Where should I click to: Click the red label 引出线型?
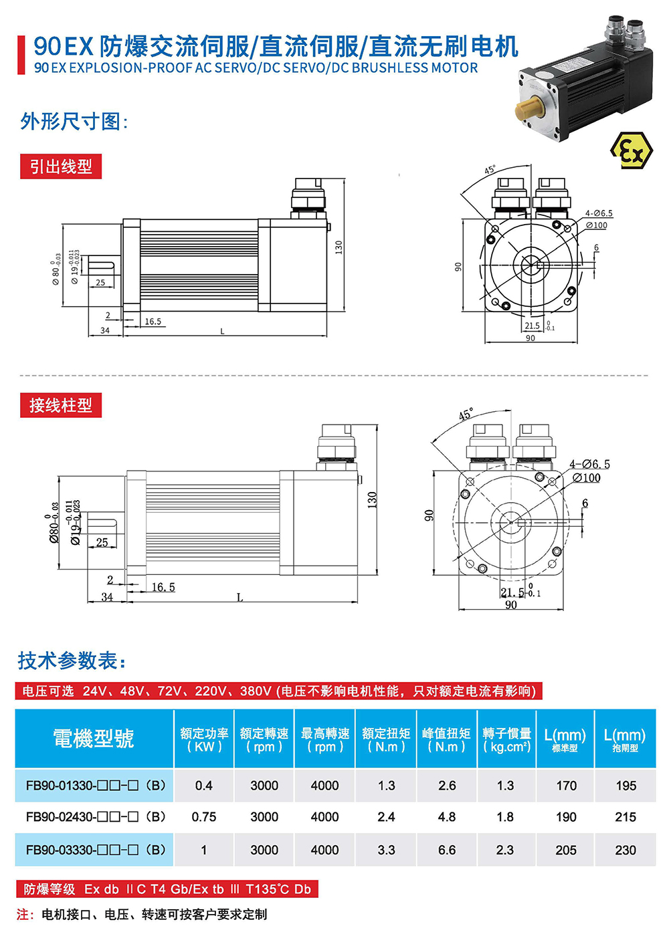click(x=61, y=166)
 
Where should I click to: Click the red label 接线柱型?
click(x=61, y=405)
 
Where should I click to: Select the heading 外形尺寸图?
click(x=74, y=122)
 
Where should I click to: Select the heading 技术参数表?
click(x=72, y=661)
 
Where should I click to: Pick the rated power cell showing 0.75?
click(x=203, y=817)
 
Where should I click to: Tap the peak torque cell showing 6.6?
click(x=447, y=850)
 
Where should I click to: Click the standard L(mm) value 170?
click(x=566, y=786)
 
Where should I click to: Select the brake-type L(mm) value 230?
click(x=626, y=850)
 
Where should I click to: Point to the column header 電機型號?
click(x=94, y=738)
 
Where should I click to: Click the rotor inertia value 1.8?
click(x=505, y=817)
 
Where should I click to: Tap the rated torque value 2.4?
click(x=386, y=817)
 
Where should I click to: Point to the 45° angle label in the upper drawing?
click(x=490, y=170)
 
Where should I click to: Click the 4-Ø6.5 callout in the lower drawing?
click(x=589, y=464)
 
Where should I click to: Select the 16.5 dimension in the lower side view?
click(x=163, y=587)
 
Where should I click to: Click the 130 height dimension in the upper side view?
click(x=339, y=247)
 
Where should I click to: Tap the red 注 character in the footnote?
click(x=24, y=914)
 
